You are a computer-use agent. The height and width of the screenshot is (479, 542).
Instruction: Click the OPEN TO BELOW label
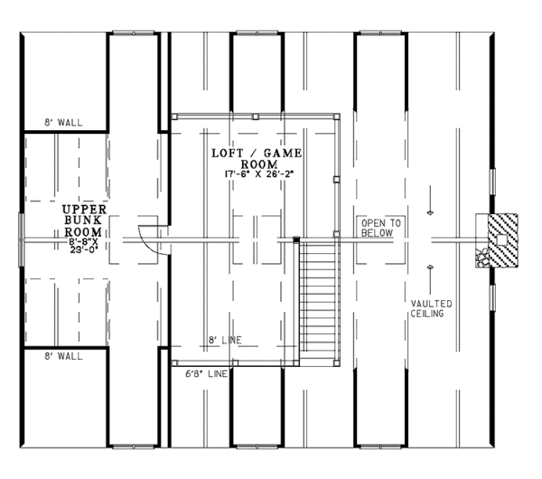coord(381,226)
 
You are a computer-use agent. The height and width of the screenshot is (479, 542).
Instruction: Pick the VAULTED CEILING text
coord(431,308)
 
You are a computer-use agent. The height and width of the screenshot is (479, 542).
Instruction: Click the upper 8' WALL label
coord(64,121)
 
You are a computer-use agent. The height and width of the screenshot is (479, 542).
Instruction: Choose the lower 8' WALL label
coord(64,357)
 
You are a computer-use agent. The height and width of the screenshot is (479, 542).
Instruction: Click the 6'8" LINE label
coord(205,371)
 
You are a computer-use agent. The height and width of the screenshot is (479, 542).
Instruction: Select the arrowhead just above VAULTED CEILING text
coord(430,268)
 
